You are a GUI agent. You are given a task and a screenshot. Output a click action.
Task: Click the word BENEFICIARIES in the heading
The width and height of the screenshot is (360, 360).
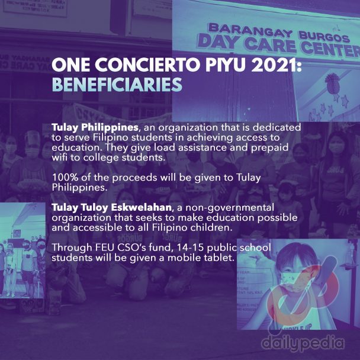point(117,85)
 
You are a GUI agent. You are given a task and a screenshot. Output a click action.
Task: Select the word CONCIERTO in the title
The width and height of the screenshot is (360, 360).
point(147,65)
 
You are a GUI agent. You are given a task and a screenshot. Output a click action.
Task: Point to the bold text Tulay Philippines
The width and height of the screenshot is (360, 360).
point(95,128)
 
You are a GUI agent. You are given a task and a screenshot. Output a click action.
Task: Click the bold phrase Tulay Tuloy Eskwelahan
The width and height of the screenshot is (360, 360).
point(111,208)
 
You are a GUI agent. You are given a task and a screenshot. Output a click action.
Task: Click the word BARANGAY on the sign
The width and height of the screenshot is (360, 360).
point(250,31)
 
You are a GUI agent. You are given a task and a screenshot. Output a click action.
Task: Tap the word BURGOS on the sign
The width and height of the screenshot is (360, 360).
point(324,37)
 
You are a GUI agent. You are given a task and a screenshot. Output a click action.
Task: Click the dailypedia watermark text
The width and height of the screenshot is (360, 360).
point(303,343)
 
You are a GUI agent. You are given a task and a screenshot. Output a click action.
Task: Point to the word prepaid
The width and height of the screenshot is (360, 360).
point(270,148)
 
